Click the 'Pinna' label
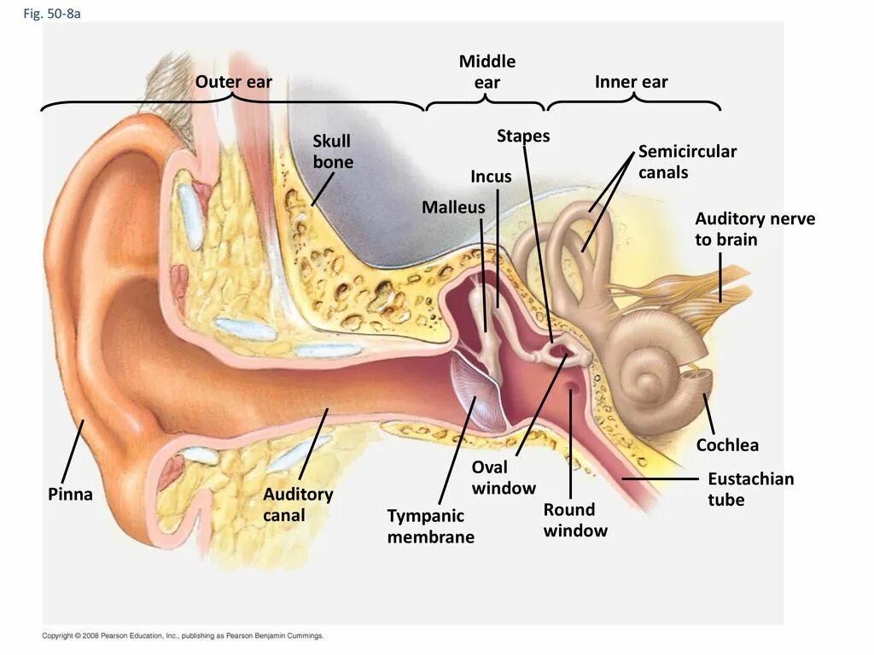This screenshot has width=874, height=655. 70,495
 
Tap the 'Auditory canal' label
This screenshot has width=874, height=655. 298,504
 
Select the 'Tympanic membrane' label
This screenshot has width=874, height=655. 430,526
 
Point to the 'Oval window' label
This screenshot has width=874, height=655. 504,478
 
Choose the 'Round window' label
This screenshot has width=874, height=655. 575,520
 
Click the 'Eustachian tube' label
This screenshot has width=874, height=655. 750,490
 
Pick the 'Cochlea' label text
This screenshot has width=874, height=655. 727,445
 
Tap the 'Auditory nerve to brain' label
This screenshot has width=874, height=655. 755,229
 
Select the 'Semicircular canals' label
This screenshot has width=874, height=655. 687,162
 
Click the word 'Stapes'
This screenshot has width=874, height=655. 523,136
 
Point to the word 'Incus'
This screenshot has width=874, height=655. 491,177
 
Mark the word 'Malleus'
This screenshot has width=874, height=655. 453,207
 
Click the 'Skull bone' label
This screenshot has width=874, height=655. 332,151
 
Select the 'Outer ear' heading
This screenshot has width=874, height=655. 234,82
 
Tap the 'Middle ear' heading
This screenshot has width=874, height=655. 487,72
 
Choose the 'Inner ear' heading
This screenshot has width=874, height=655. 632,82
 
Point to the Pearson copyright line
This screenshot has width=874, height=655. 184,635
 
